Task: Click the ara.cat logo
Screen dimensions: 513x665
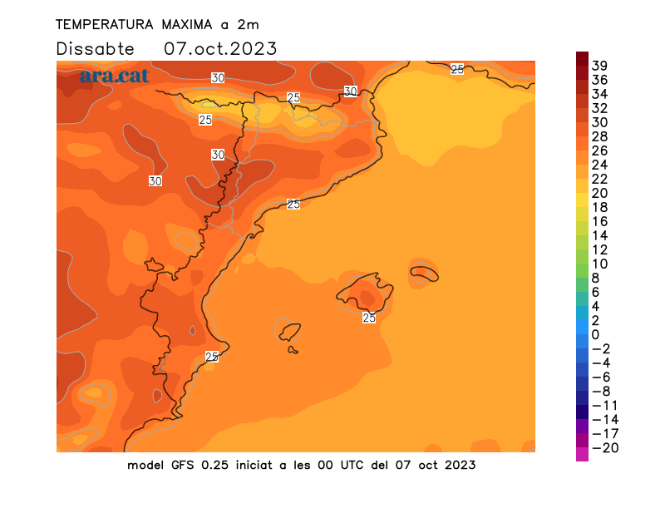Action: [114, 76]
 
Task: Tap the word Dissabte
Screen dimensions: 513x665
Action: [95, 49]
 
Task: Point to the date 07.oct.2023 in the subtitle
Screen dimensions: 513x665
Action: [220, 49]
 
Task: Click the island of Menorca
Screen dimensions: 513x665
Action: [424, 272]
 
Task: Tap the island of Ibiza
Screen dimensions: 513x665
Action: [289, 332]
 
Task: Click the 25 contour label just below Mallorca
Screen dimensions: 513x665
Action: [369, 318]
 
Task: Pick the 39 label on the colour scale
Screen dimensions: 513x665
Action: [599, 66]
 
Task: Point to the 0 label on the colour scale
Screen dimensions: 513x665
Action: [595, 335]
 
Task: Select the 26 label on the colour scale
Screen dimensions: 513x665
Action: [599, 150]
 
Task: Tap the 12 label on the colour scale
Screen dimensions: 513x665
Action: [599, 249]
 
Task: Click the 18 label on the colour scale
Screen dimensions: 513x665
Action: [599, 207]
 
